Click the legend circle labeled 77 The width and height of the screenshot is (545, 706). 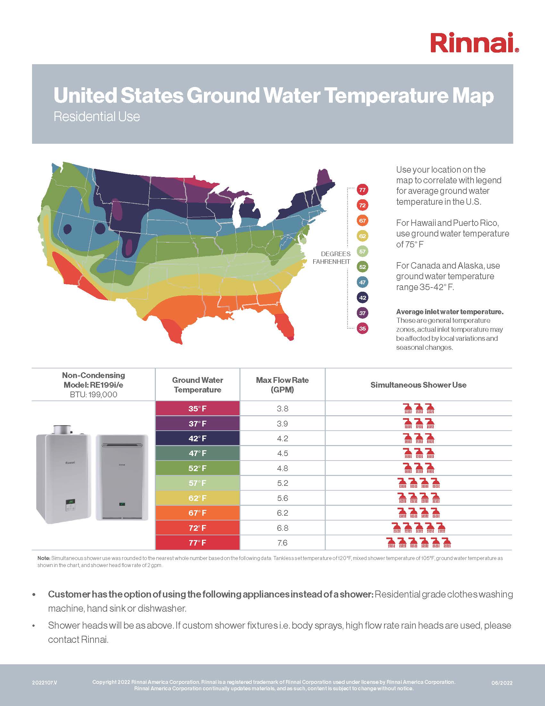point(362,190)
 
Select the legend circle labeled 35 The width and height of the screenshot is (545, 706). point(362,328)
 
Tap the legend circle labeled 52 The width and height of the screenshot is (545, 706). point(362,267)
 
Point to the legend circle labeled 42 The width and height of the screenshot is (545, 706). point(362,298)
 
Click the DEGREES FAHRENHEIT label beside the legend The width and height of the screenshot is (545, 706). point(331,258)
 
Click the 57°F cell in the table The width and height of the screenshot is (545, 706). point(197,483)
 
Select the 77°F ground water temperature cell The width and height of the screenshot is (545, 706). point(197,543)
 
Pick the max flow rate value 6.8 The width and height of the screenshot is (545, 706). point(282,528)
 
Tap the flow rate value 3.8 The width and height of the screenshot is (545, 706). point(282,409)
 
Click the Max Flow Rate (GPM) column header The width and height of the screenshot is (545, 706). point(282,385)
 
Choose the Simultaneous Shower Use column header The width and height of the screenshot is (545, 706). point(418,385)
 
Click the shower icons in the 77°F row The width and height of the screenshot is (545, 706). point(419,542)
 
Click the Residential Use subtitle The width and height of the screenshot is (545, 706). point(96,117)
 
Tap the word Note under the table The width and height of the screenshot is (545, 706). point(44,558)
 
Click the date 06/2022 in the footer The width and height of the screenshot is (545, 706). point(502,683)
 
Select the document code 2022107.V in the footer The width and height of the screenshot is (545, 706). point(45,683)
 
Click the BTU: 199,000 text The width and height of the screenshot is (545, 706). point(93,395)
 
